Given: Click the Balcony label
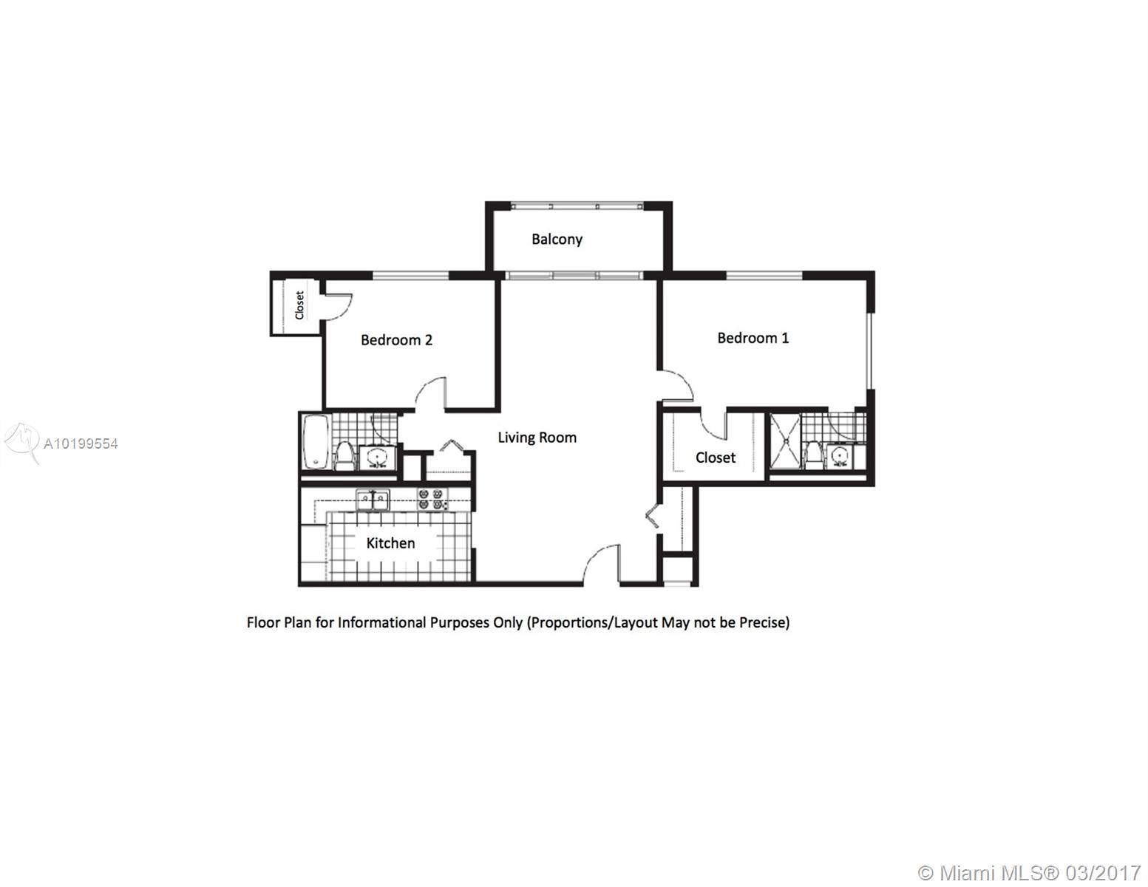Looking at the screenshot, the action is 557,239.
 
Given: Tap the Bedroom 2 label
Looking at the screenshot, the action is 396,340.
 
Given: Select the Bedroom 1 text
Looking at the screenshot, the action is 753,338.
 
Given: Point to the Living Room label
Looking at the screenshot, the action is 537,438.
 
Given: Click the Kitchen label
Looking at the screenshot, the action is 390,543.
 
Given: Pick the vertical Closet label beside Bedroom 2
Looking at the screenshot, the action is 299,305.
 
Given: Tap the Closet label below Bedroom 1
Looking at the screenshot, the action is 716,458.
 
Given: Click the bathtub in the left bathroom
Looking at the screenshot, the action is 316,441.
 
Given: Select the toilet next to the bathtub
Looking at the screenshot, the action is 344,456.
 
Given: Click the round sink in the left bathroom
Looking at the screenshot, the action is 377,458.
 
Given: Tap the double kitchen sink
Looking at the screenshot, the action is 373,500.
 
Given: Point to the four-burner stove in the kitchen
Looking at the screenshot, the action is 432,499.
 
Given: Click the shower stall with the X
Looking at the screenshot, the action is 786,441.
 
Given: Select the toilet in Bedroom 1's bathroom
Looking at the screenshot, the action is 813,455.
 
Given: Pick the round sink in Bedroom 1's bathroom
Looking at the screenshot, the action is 840,456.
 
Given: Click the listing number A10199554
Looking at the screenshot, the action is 81,443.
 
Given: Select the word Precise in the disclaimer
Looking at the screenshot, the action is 764,623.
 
